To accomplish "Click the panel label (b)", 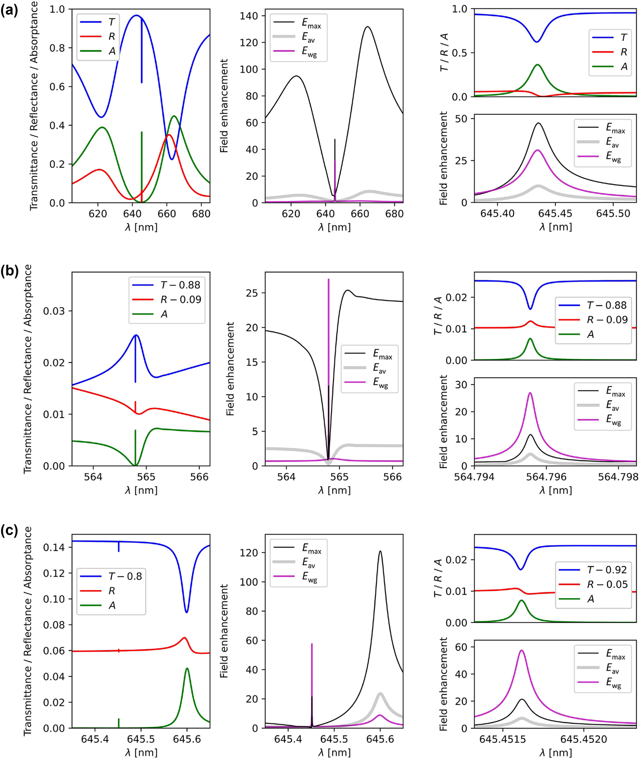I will click(x=9, y=271).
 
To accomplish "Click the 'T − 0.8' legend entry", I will click(x=125, y=576).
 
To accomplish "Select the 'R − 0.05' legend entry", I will click(x=607, y=584).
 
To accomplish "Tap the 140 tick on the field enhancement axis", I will click(x=249, y=16).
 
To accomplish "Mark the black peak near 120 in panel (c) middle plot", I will click(x=380, y=551).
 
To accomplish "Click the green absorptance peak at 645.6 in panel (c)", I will click(x=187, y=668).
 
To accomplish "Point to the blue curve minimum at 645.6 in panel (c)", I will click(x=187, y=612).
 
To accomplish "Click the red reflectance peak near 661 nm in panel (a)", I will click(x=169, y=135).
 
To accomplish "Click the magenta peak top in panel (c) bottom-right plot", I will click(x=522, y=650).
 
